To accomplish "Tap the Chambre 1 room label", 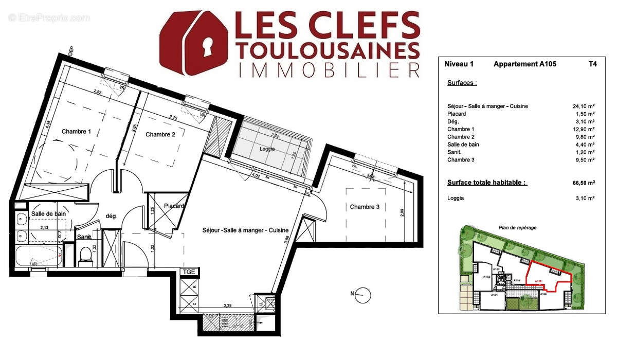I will point(76,132).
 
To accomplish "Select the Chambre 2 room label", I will point(160,135).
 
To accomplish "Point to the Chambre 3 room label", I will point(365,207).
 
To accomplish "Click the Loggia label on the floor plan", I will point(267,149).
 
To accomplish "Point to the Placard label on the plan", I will point(174,206).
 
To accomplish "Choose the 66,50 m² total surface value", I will point(584,183).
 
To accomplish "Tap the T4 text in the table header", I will point(593,64).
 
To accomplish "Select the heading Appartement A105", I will point(524,64).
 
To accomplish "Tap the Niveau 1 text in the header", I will point(458,64).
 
